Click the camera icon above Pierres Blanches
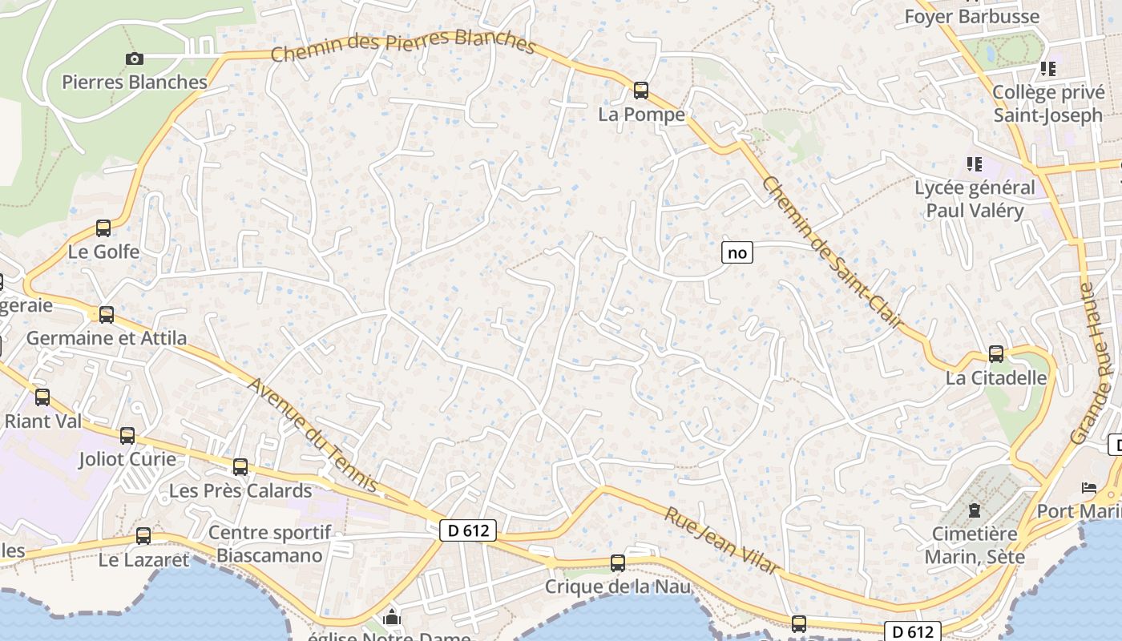pos(135,58)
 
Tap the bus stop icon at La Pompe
pos(641,90)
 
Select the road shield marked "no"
pos(737,253)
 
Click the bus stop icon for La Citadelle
pos(996,353)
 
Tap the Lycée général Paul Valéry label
pos(975,200)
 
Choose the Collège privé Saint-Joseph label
pos(1047,103)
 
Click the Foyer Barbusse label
pos(971,16)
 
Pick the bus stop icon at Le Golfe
pos(103,228)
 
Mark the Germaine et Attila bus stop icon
pos(107,315)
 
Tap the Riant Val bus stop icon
pos(42,397)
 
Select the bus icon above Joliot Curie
pos(127,436)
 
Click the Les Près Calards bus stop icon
pos(240,467)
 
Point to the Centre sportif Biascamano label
pos(269,544)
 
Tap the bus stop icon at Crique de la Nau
pos(618,563)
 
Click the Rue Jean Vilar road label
pos(721,540)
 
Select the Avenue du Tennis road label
pos(313,434)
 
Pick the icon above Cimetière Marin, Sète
pos(975,510)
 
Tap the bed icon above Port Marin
pos(1089,487)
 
